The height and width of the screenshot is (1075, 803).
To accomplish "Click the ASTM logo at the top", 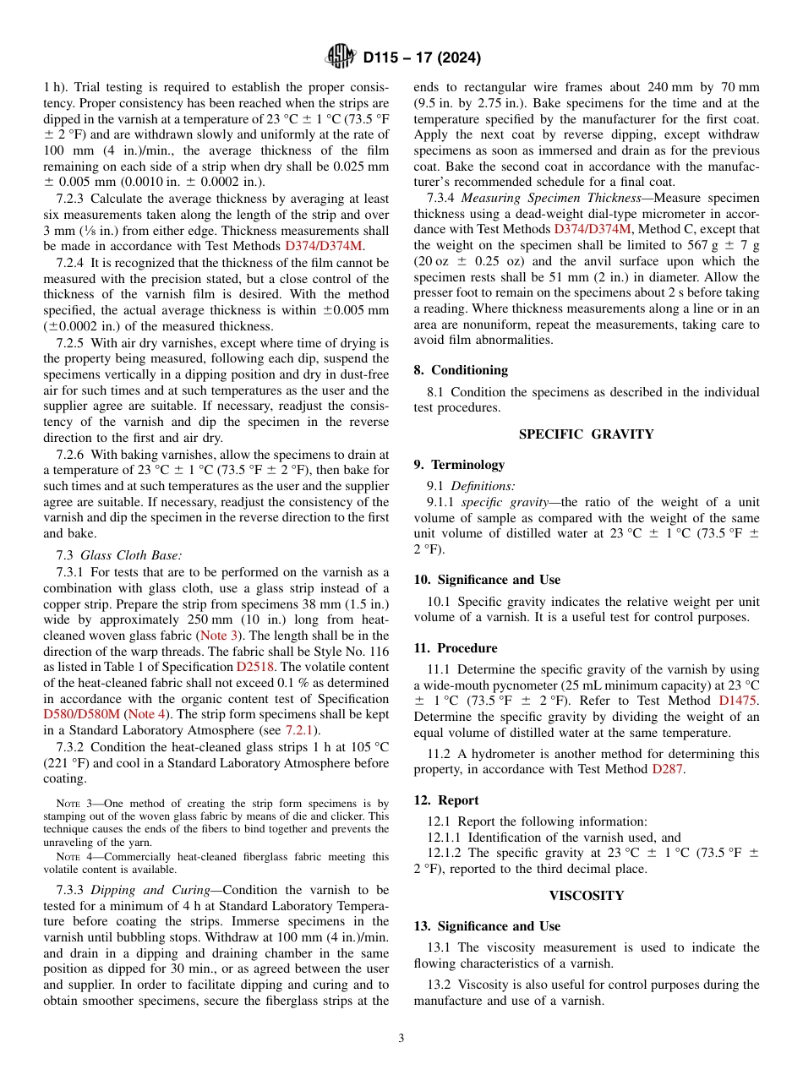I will (x=341, y=57).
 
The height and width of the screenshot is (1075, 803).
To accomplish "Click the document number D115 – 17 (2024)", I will (x=422, y=58).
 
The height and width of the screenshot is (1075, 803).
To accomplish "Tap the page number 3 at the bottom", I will (x=401, y=1038).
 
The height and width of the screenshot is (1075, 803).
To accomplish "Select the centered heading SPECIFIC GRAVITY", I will (x=586, y=434).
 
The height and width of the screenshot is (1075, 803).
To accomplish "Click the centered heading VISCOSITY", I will (x=586, y=895).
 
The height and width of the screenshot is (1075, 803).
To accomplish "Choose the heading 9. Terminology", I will (x=459, y=464).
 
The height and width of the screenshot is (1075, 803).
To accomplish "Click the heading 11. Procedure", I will (x=456, y=647).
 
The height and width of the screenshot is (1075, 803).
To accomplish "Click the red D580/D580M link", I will (x=81, y=714).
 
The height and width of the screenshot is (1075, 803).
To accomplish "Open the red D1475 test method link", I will (x=739, y=700).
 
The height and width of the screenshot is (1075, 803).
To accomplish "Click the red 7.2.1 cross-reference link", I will (x=301, y=729).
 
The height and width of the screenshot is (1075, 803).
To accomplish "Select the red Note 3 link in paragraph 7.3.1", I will (x=217, y=636).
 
